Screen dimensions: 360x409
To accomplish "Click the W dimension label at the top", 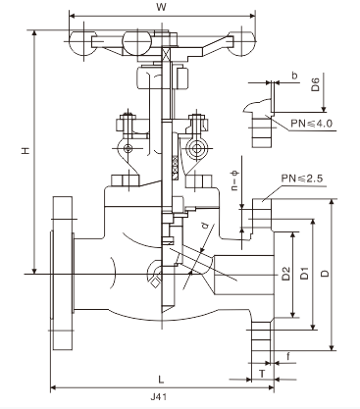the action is pos(161,7).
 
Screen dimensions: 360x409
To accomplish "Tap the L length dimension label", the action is pos(161,380).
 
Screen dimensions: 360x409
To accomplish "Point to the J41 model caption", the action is pos(159,397).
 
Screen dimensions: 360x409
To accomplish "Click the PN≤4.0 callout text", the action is pos(311,124).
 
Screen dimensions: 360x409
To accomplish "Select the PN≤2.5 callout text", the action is pos(302,179).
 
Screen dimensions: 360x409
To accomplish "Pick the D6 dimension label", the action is pos(315,83).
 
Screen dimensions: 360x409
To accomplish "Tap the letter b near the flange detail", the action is pos(294,76).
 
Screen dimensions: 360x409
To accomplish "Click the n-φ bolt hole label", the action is pos(235,180).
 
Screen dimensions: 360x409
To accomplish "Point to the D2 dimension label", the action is pos(285,274).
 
